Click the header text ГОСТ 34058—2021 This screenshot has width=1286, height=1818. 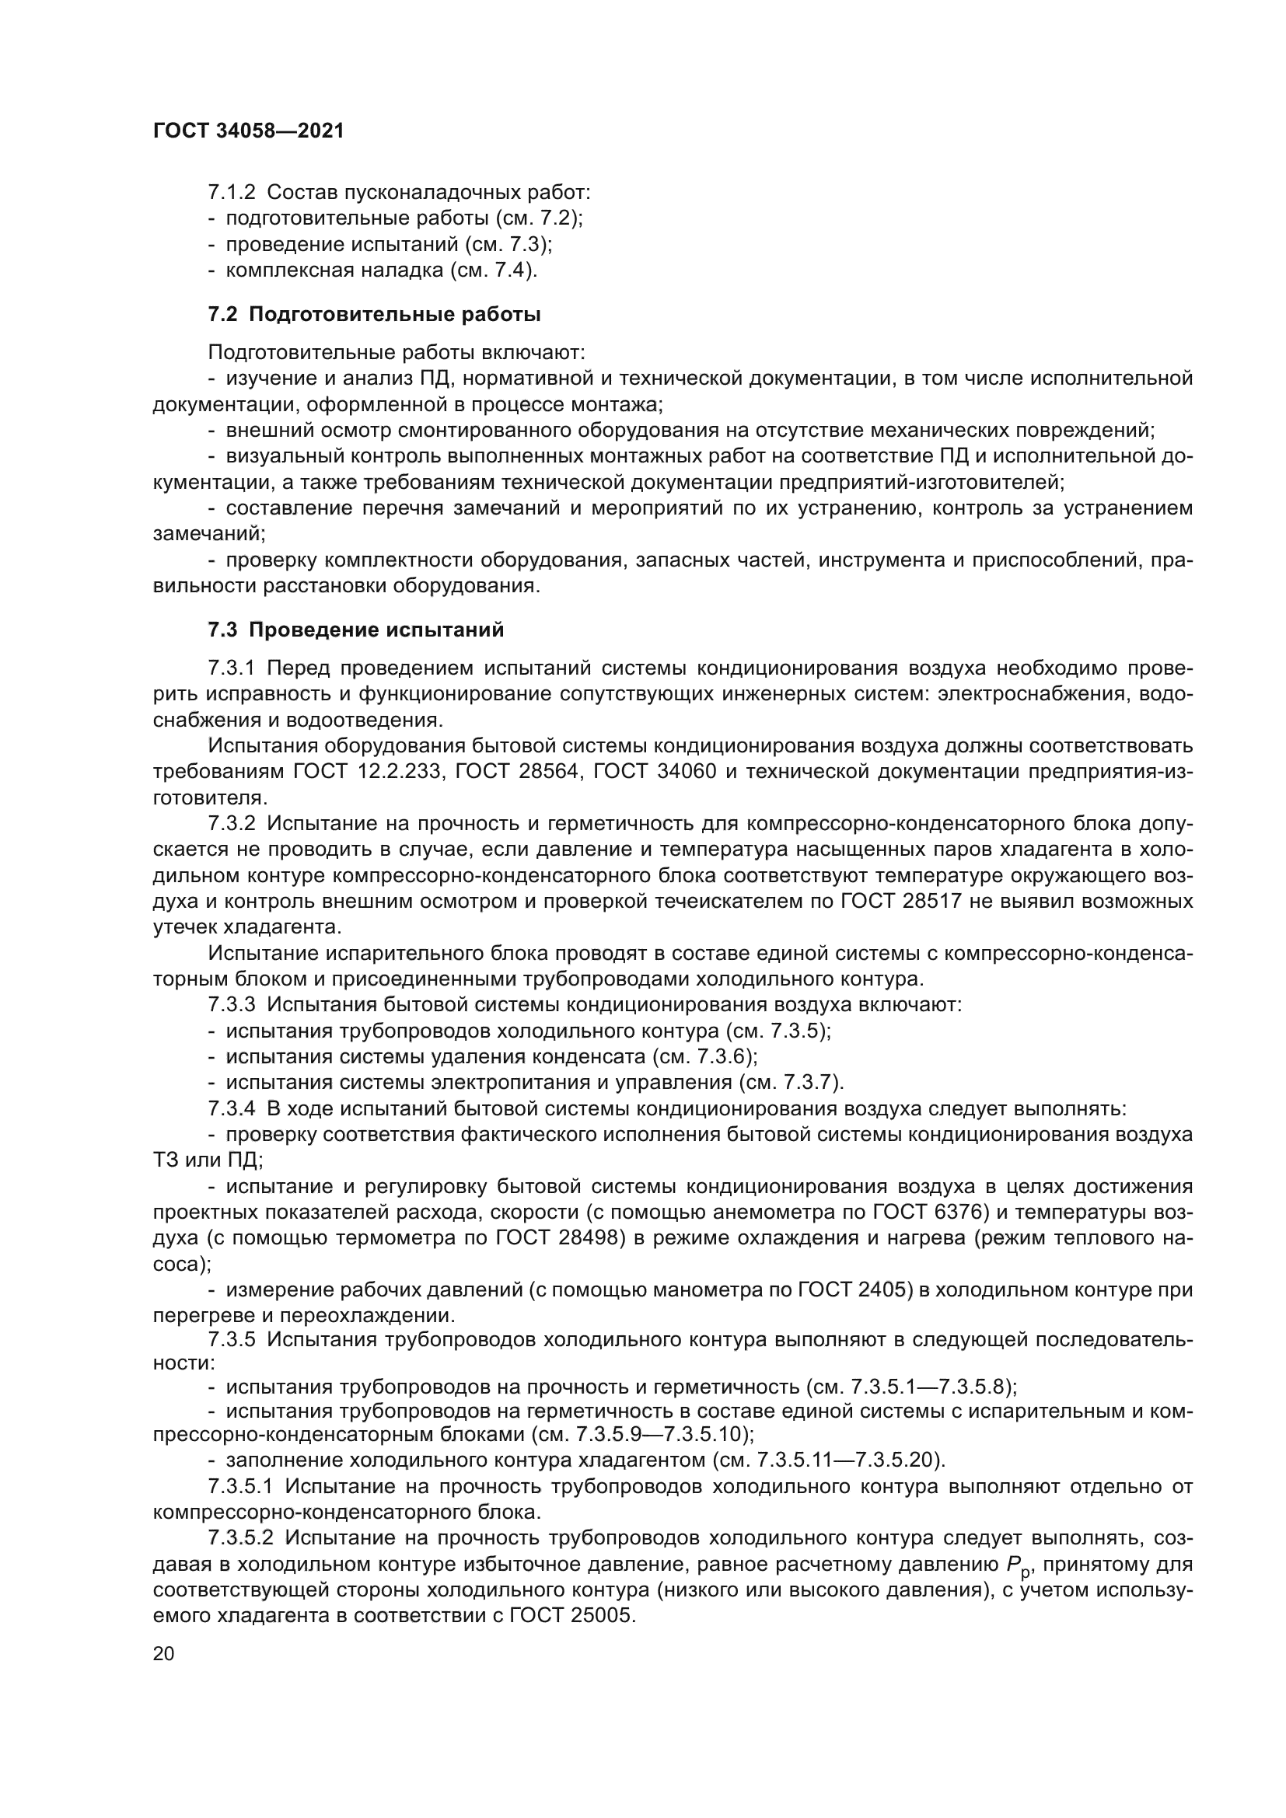click(249, 131)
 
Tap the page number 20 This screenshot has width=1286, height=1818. click(163, 1653)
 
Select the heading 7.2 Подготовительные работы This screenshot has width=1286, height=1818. click(374, 314)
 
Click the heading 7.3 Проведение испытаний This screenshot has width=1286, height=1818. click(355, 630)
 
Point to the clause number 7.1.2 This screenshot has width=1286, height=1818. click(231, 193)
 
